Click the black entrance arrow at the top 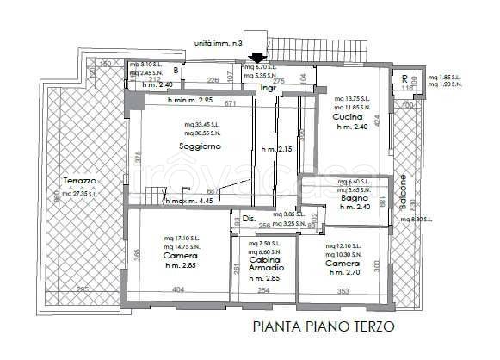click(x=256, y=59)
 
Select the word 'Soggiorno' click(x=200, y=146)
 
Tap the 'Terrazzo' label click(x=78, y=181)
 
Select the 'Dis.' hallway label click(x=249, y=218)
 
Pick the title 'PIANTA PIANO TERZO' click(x=324, y=326)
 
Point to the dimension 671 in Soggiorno click(x=231, y=103)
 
